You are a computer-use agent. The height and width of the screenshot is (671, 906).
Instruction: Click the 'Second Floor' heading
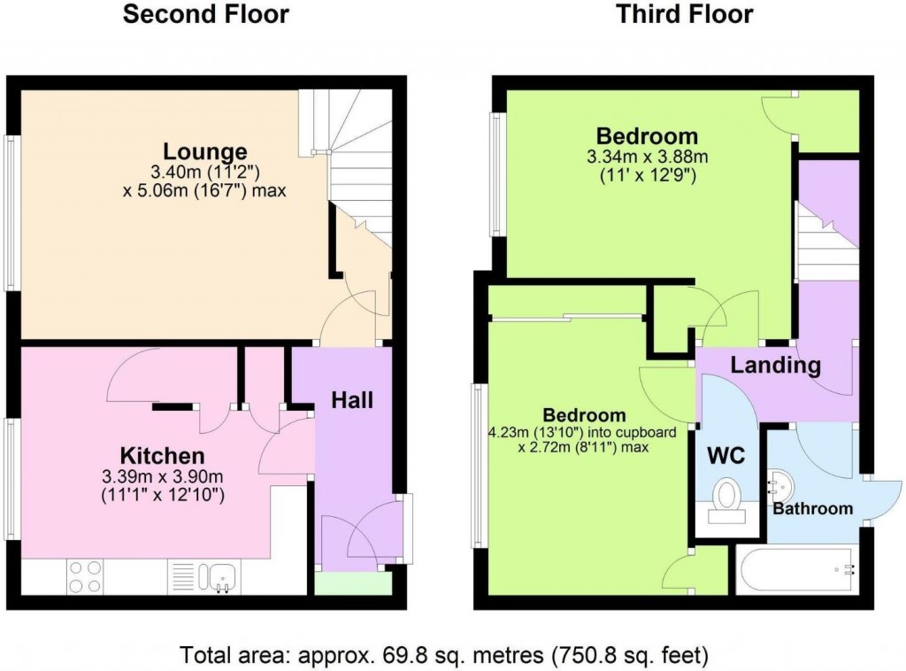pyautogui.click(x=204, y=15)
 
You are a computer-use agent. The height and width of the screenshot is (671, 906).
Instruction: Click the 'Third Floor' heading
pyautogui.click(x=685, y=15)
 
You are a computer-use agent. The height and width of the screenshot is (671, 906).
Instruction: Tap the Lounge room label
pyautogui.click(x=204, y=150)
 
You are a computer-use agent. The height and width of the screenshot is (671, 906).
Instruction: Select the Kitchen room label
pyautogui.click(x=162, y=456)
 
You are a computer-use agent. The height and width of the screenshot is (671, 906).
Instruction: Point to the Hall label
pyautogui.click(x=352, y=400)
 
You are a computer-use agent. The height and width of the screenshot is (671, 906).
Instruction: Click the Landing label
pyautogui.click(x=775, y=365)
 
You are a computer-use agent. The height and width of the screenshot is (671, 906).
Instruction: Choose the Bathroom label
pyautogui.click(x=812, y=508)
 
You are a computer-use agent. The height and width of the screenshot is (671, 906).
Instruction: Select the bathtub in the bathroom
pyautogui.click(x=795, y=571)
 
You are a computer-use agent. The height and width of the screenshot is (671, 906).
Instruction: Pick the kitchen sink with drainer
pyautogui.click(x=203, y=576)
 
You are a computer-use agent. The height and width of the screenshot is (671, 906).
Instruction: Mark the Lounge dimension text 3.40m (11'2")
pyautogui.click(x=204, y=172)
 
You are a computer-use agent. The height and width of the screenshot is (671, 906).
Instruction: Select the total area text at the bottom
pyautogui.click(x=444, y=656)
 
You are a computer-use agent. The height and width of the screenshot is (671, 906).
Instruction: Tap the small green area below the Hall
pyautogui.click(x=353, y=583)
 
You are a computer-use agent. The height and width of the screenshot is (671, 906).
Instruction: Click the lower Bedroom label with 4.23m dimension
pyautogui.click(x=584, y=415)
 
